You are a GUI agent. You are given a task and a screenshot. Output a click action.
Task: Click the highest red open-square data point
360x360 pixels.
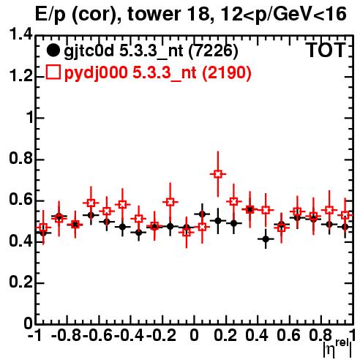point(218,174)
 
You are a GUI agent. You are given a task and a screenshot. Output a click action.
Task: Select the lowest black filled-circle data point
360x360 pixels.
point(266,239)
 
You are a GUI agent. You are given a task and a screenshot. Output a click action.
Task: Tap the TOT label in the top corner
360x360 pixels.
point(326,50)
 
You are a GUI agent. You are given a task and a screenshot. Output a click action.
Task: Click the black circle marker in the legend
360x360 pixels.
point(53,50)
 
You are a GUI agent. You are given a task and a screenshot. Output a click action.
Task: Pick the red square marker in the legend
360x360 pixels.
point(53,72)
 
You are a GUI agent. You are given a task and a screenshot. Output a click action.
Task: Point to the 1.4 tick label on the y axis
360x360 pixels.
point(20,35)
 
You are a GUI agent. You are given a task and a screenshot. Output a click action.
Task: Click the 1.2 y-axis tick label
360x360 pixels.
point(20,76)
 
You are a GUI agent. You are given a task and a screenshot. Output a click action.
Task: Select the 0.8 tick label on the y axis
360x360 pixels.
point(20,159)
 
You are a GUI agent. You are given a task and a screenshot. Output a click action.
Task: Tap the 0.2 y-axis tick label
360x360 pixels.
point(20,282)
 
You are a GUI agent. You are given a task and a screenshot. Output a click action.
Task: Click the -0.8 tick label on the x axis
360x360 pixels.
point(66,335)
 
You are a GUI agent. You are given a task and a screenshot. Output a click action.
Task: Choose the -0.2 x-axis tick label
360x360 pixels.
point(161,335)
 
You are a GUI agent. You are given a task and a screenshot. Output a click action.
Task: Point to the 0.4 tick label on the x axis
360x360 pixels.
point(257,335)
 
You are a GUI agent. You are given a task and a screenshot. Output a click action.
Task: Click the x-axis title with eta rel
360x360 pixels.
point(337,348)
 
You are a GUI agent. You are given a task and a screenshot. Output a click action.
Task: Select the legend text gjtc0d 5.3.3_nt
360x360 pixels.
point(124,52)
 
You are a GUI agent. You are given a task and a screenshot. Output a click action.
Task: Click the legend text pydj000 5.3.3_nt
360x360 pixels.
point(130,73)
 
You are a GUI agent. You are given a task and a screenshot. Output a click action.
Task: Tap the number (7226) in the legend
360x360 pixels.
point(213,51)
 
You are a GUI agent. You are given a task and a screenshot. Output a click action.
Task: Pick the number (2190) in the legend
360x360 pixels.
point(227,72)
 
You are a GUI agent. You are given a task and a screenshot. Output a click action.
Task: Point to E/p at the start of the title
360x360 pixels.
point(50,15)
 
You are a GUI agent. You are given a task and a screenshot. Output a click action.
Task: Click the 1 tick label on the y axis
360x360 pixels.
point(30,118)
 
